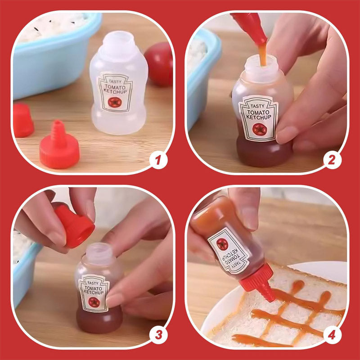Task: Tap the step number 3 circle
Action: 158,334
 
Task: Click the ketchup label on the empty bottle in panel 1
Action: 115,92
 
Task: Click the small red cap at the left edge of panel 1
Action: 22,120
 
